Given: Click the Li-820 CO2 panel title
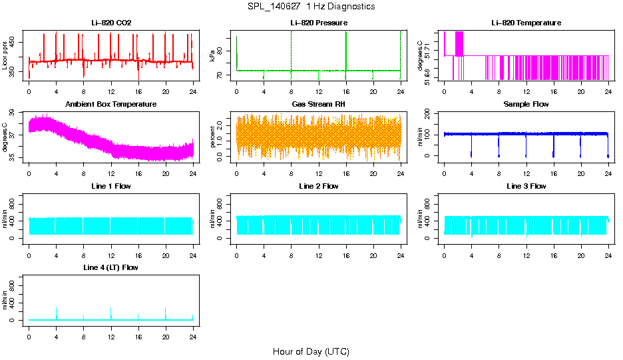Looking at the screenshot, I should click(111, 23).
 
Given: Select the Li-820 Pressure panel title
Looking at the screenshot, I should click(319, 23).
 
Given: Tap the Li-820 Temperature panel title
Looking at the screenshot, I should click(526, 23).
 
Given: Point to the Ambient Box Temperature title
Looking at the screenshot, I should click(111, 105).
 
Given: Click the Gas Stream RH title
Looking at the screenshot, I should click(319, 105).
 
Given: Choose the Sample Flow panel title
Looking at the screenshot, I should click(526, 105).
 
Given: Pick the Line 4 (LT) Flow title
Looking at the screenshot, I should click(111, 267).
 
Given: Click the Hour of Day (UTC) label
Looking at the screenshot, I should click(311, 351).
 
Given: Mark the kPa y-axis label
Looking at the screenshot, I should click(212, 56).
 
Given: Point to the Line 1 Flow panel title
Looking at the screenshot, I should click(111, 186).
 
